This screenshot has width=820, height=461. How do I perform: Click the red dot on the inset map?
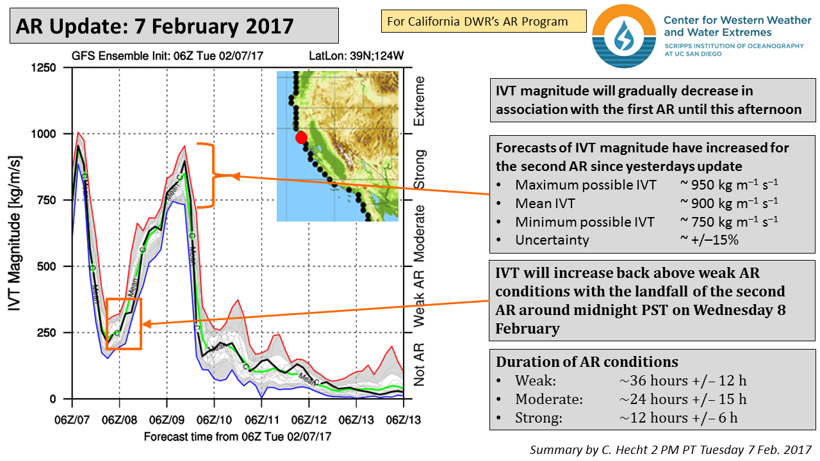(301, 138)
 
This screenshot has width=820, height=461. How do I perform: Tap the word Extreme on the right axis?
(420, 101)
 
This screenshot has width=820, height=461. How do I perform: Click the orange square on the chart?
(124, 324)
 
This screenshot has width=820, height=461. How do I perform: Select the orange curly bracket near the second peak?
(208, 175)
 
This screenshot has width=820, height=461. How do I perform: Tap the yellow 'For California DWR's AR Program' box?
(483, 22)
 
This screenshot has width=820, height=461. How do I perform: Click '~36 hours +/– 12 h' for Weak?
(683, 381)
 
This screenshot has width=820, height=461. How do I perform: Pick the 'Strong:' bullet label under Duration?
(539, 418)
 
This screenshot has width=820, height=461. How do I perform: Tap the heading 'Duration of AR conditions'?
(587, 362)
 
